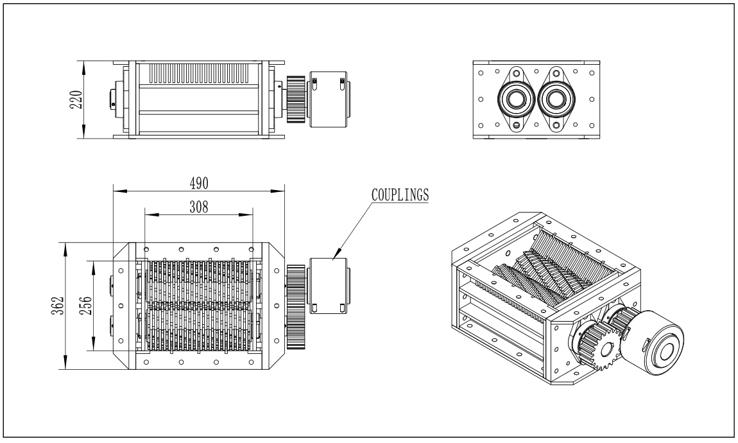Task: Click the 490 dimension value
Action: (x=198, y=183)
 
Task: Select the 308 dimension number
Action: (x=198, y=207)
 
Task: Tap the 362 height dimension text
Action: (x=58, y=306)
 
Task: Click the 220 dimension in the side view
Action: (x=75, y=100)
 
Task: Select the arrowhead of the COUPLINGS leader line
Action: (x=334, y=258)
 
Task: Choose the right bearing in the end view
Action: (x=556, y=100)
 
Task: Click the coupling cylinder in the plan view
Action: (x=329, y=284)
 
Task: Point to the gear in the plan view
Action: (x=295, y=306)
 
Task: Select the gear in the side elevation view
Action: (x=295, y=100)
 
